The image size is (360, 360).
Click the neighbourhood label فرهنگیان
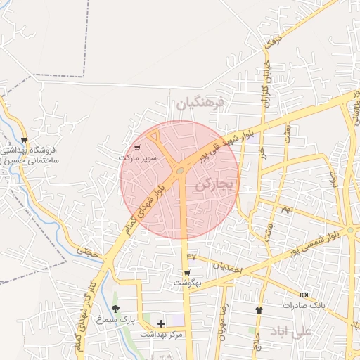[x=199, y=103]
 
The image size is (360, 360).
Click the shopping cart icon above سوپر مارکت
[x=137, y=148]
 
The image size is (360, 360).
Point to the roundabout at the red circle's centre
[x=181, y=170]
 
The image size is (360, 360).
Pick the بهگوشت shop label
[x=188, y=283]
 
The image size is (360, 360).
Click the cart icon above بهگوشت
[x=186, y=273]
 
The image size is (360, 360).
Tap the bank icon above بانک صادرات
[x=304, y=295]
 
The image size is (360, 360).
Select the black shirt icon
[x=259, y=309]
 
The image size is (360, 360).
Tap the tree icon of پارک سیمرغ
[x=115, y=309]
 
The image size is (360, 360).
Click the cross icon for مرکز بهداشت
[x=162, y=323]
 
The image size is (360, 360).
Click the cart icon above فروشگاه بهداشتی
[x=25, y=140]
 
